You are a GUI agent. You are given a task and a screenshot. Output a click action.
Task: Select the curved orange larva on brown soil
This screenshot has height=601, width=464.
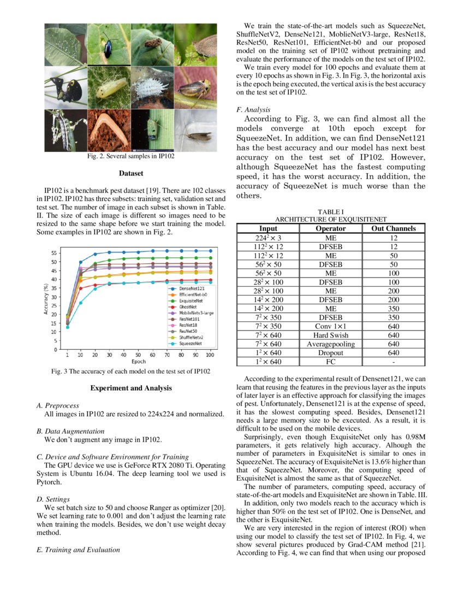pyautogui.click(x=109, y=130)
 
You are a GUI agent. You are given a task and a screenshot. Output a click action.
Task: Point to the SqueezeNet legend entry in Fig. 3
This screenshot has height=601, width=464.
pyautogui.click(x=187, y=344)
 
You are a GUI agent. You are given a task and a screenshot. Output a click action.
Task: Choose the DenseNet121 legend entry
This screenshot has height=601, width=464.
pyautogui.click(x=187, y=288)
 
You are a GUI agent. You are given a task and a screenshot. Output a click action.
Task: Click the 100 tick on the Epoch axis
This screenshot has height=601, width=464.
pyautogui.click(x=210, y=355)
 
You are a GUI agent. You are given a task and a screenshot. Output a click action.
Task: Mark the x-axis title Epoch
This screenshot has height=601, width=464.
pyautogui.click(x=139, y=362)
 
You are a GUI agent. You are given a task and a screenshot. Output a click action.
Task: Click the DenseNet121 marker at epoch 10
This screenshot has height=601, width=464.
pyautogui.click(x=81, y=262)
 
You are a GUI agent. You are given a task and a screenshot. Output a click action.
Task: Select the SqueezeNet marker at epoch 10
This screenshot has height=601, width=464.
pyautogui.click(x=81, y=303)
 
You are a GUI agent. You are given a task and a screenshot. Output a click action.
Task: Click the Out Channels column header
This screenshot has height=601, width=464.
pyautogui.click(x=393, y=228)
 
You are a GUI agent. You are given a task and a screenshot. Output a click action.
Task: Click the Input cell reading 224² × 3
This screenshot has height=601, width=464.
pyautogui.click(x=268, y=238)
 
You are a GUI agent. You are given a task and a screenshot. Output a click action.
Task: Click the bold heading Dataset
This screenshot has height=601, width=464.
pyautogui.click(x=130, y=174)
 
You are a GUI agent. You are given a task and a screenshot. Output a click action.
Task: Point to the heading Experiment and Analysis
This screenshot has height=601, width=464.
pyautogui.click(x=130, y=388)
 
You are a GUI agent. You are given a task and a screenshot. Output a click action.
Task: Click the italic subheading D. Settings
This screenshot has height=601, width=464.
pyautogui.click(x=53, y=499)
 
